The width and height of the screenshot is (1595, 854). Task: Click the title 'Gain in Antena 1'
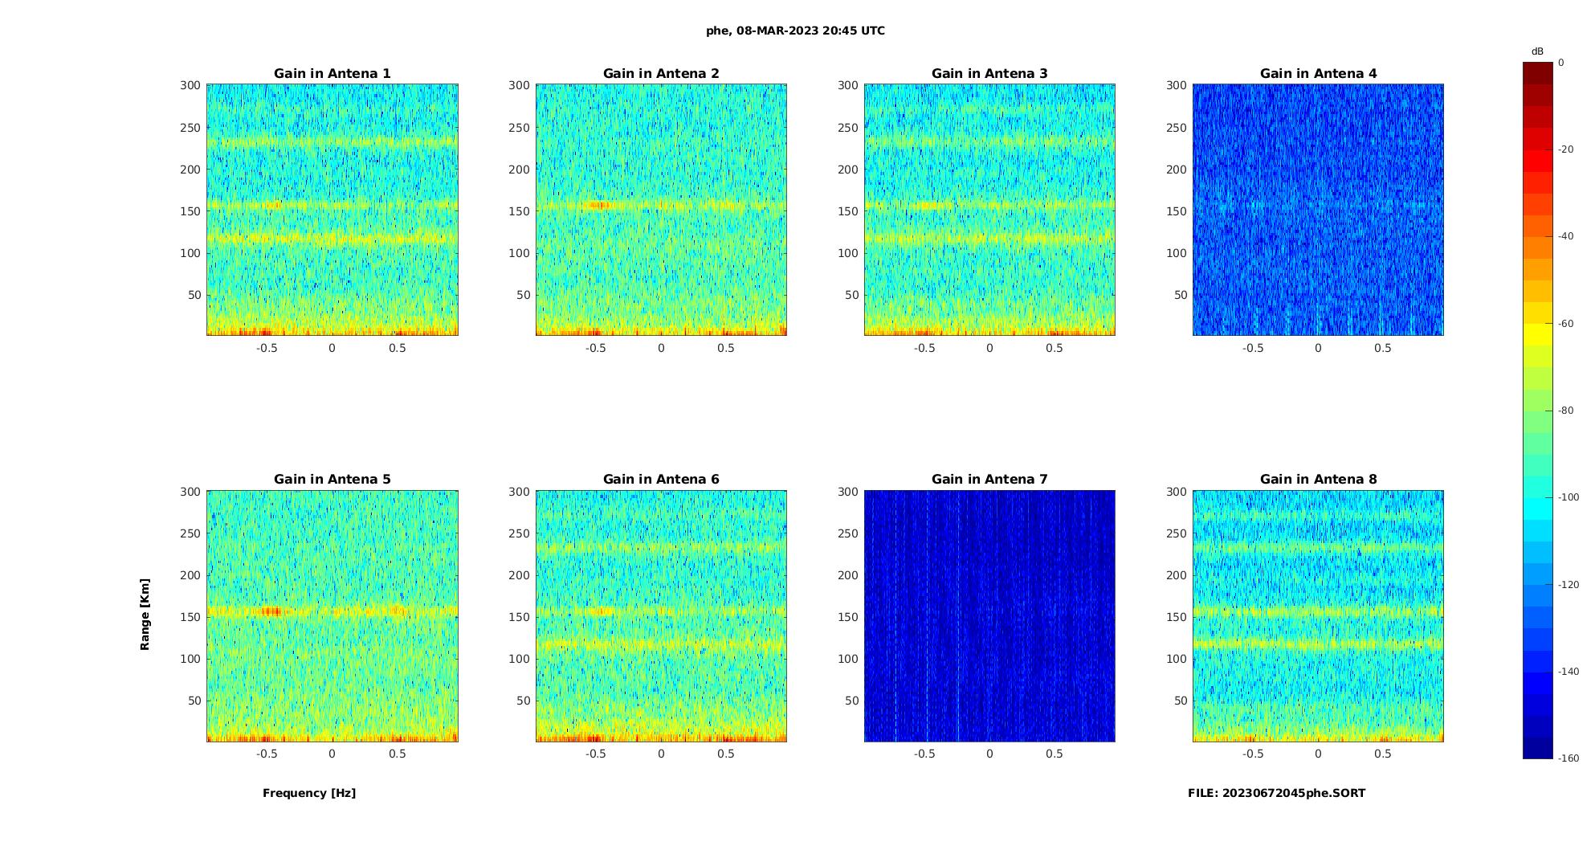[332, 74]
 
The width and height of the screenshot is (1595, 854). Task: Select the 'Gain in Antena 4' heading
[1318, 74]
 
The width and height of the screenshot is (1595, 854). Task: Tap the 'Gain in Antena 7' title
[989, 480]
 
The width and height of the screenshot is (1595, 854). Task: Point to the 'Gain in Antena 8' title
[1318, 480]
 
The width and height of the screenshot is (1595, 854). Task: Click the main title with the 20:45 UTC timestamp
[795, 31]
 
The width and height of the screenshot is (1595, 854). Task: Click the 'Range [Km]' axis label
[145, 615]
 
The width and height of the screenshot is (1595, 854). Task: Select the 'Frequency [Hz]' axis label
[309, 793]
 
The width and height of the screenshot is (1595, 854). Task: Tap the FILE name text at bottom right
[1276, 793]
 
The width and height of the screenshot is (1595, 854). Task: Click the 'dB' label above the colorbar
[1537, 51]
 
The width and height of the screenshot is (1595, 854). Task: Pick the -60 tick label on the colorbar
[1566, 324]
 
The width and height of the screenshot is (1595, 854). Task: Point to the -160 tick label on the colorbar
[1568, 758]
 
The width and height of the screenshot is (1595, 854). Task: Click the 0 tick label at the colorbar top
[1561, 63]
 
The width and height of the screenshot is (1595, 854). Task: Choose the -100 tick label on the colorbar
[1568, 497]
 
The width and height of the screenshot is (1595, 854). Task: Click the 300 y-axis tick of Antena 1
[190, 85]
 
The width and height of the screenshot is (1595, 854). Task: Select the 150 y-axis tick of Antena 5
[190, 617]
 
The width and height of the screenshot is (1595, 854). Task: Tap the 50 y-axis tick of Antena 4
[1181, 295]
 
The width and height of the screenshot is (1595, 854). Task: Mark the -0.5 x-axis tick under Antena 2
[595, 348]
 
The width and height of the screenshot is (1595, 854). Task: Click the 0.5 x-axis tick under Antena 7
[1054, 754]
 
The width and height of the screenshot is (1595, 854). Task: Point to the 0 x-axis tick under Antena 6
[661, 754]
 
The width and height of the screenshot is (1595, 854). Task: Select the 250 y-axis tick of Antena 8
[1177, 533]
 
